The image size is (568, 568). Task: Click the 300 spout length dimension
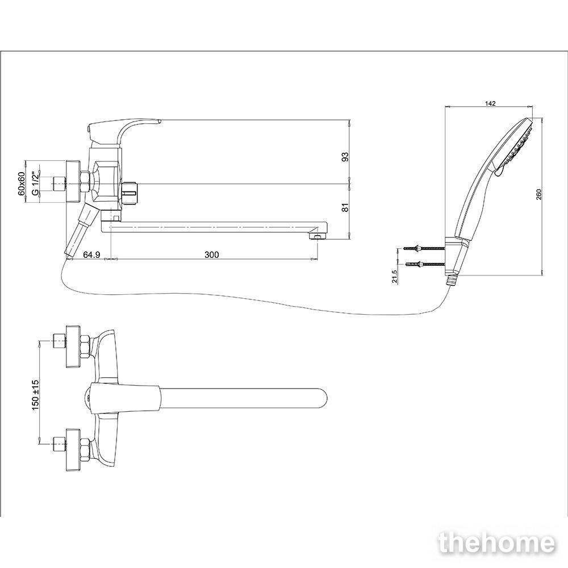(211, 254)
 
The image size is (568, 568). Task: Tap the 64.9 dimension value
(91, 254)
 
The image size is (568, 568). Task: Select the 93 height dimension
(345, 157)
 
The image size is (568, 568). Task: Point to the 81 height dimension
(345, 207)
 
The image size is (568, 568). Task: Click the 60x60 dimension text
(22, 183)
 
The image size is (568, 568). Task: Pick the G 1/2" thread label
(35, 183)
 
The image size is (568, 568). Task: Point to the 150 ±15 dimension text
(35, 395)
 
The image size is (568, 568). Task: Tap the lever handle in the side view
(123, 131)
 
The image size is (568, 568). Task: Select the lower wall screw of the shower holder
(423, 265)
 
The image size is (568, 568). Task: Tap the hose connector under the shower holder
(450, 279)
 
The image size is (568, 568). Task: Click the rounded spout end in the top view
(320, 399)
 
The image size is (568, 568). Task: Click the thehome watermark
(496, 543)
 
